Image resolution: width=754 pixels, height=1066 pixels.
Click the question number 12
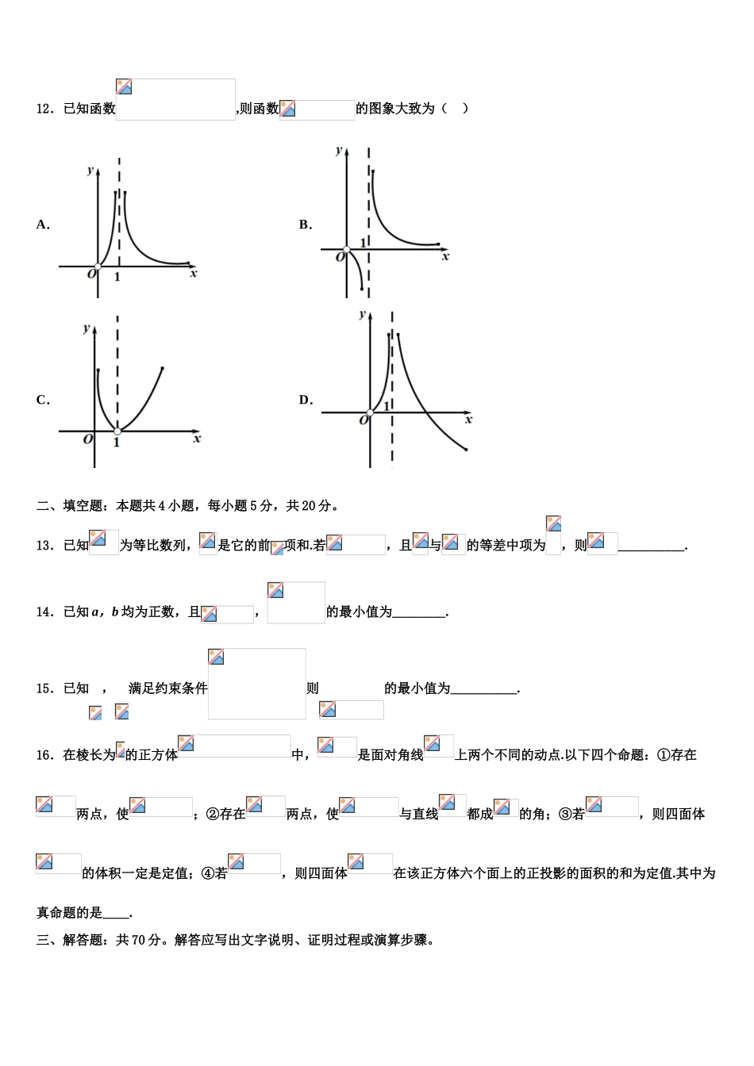coord(44,109)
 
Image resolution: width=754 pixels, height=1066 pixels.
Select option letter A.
coord(43,225)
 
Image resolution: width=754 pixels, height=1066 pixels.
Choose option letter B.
coord(306,225)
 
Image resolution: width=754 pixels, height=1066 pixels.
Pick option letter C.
coord(43,401)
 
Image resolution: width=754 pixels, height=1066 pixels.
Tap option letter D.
coord(306,401)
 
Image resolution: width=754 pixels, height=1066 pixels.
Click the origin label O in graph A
coord(91,274)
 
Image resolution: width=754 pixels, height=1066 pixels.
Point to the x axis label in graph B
coord(445,257)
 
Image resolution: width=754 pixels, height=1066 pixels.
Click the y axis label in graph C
coord(87,328)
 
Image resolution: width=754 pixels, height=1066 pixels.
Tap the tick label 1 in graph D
coord(386,406)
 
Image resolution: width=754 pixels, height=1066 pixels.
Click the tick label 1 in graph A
coord(117,277)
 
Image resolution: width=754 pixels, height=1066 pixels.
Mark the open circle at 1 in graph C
coord(117,431)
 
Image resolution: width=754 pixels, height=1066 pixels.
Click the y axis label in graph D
coord(362,314)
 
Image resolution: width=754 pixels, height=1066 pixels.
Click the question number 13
coord(44,546)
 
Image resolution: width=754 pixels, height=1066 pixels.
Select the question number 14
coord(44,612)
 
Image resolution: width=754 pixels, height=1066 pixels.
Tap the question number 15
coord(44,688)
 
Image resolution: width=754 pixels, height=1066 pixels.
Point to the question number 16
coord(44,755)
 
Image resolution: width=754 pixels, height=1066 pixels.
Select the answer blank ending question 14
coord(419,613)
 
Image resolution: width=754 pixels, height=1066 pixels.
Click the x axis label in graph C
coord(197,439)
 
